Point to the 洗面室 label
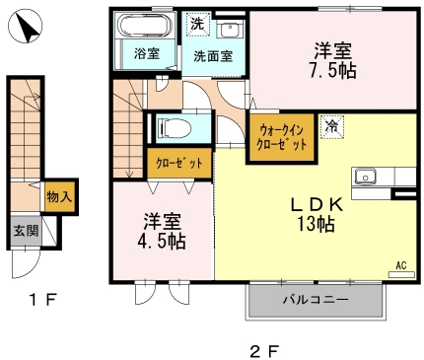point(213,57)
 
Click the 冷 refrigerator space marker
point(332,124)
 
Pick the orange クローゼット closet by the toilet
point(178,163)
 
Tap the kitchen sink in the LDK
point(369,177)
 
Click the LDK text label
point(315,203)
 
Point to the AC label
point(401,264)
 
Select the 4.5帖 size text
point(162,240)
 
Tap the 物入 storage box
point(58,197)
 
